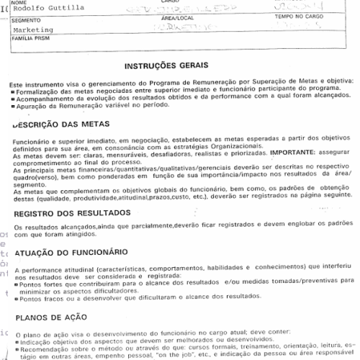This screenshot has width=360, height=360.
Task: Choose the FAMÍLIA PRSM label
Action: tap(30, 42)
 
